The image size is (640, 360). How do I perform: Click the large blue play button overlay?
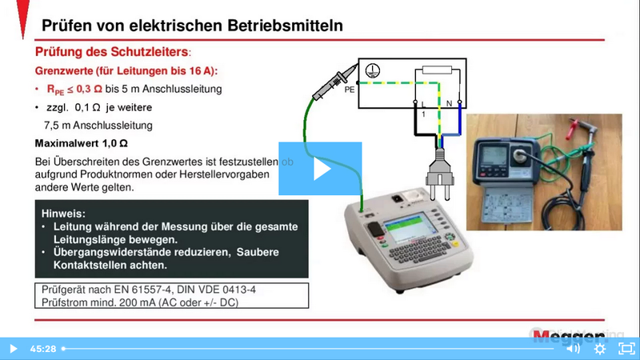320,169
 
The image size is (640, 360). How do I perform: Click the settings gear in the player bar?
599,349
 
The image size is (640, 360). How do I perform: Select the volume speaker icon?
572,349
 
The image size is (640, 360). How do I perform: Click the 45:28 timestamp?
42,349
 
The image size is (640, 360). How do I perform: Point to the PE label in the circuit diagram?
349,90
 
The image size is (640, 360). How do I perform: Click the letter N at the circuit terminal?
449,104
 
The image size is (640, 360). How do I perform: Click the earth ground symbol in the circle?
370,71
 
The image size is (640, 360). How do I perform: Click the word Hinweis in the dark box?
63,214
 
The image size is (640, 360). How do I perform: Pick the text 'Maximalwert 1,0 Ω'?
82,144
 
